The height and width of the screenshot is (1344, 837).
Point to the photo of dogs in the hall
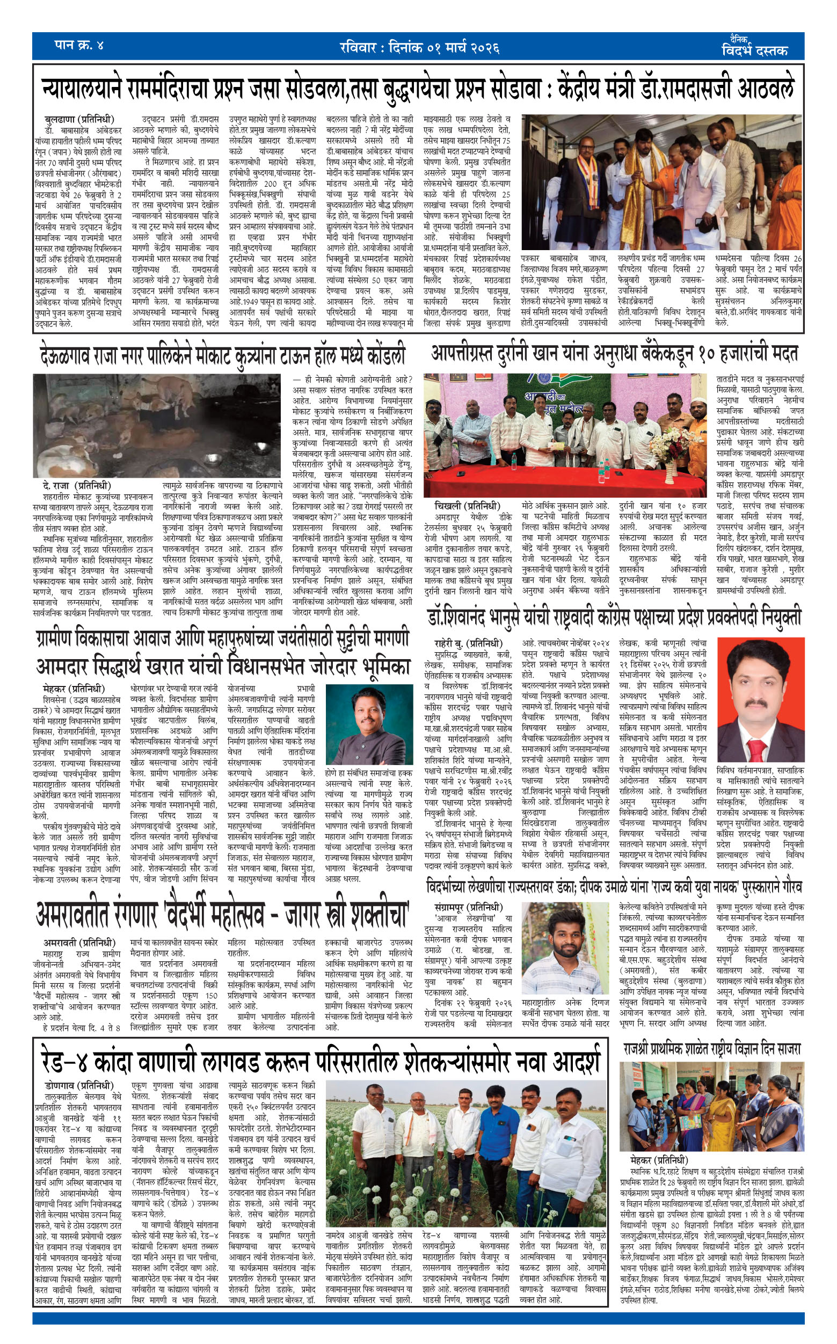[157, 425]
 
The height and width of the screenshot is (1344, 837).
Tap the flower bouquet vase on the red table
[670, 464]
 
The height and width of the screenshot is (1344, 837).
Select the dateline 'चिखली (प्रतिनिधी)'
[467, 506]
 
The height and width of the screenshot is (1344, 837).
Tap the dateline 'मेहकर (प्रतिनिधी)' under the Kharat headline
[73, 689]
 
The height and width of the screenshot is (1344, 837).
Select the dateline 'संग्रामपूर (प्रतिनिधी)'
[468, 907]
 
